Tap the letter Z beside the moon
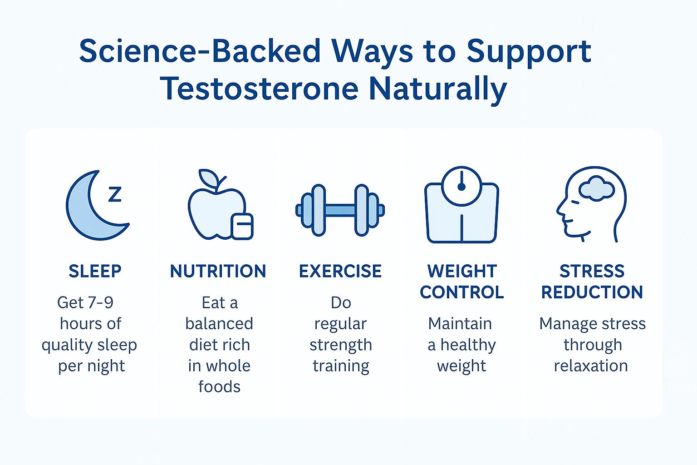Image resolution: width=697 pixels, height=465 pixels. coord(115,194)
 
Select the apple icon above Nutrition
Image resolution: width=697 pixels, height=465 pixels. coord(216,209)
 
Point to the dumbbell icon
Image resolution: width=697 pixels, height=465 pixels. coord(340,210)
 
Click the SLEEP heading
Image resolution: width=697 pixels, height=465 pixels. coord(95,271)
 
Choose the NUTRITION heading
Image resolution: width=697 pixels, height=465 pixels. coord(218,271)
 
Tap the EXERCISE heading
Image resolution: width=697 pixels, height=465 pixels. coord(340,271)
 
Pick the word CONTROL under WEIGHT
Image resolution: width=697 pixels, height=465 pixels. coord(461,292)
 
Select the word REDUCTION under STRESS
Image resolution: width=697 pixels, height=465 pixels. coord(592,292)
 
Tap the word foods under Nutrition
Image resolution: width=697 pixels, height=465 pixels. coord(219,387)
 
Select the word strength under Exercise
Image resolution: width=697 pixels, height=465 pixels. coord(340,345)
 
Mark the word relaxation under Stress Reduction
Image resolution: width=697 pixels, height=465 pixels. coord(591,366)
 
